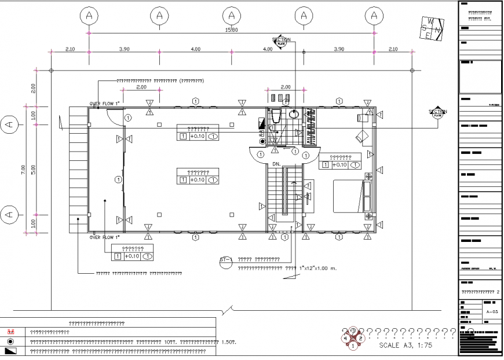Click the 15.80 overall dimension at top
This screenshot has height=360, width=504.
tap(231, 30)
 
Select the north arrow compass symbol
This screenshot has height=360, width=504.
tap(434, 26)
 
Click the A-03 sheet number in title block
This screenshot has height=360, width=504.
tap(492, 311)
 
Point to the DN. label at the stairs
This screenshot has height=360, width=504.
tap(276, 164)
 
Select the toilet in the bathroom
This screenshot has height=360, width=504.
tap(277, 117)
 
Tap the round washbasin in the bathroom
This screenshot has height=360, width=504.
tap(294, 114)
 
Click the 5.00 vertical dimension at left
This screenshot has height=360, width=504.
tap(34, 170)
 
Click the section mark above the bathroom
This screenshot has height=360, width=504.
tap(281, 42)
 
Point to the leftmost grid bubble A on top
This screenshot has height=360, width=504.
tap(89, 16)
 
